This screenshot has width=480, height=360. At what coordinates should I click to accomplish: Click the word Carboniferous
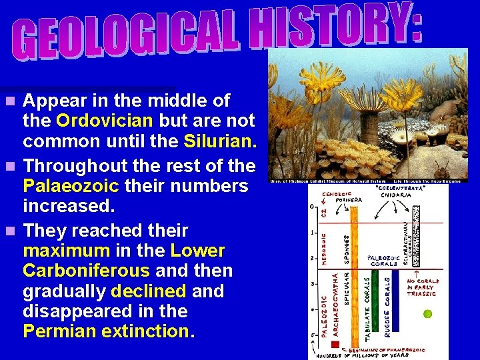click(86, 271)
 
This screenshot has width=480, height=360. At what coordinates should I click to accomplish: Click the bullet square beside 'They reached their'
click(9, 231)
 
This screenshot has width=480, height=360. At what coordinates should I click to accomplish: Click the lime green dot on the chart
click(428, 313)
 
